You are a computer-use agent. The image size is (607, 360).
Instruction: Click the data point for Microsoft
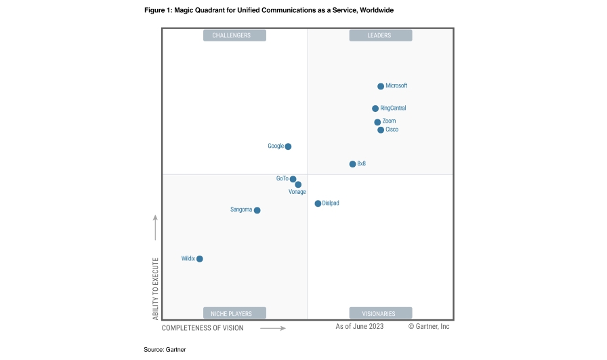[x=381, y=86]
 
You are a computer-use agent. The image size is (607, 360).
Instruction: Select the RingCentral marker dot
[x=375, y=108]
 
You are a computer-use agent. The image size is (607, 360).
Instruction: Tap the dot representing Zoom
[x=377, y=123]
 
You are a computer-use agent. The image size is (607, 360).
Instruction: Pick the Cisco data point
[x=381, y=129]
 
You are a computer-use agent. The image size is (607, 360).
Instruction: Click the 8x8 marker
[x=352, y=164]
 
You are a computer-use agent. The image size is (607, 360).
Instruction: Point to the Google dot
[x=288, y=146]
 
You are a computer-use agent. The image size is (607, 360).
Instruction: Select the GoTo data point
[x=293, y=179]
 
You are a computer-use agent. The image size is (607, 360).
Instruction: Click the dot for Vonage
[x=298, y=184]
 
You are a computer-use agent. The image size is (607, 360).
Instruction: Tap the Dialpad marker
[x=318, y=203]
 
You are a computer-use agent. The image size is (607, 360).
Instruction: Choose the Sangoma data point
[x=257, y=210]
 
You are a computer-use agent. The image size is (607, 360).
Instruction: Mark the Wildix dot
[x=199, y=259]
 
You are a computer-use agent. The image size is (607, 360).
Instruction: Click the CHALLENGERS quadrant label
[x=234, y=36]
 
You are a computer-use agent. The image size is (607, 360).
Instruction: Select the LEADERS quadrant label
[x=380, y=36]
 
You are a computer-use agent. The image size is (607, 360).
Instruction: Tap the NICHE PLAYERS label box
[x=234, y=313]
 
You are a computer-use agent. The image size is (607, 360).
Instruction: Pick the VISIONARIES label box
[x=380, y=313]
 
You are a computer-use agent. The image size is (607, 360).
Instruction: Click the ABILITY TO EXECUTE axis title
[x=155, y=289]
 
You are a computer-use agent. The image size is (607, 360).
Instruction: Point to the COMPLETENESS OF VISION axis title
[x=203, y=328]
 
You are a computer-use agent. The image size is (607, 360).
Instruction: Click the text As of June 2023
[x=360, y=327]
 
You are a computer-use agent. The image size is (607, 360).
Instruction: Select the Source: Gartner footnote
[x=165, y=349]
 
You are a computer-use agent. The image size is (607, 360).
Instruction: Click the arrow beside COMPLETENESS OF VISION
[x=273, y=328]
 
